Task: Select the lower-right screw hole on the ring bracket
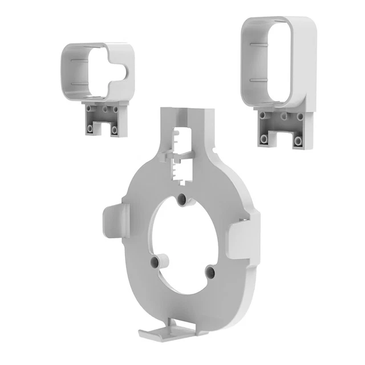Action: coord(209,271)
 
